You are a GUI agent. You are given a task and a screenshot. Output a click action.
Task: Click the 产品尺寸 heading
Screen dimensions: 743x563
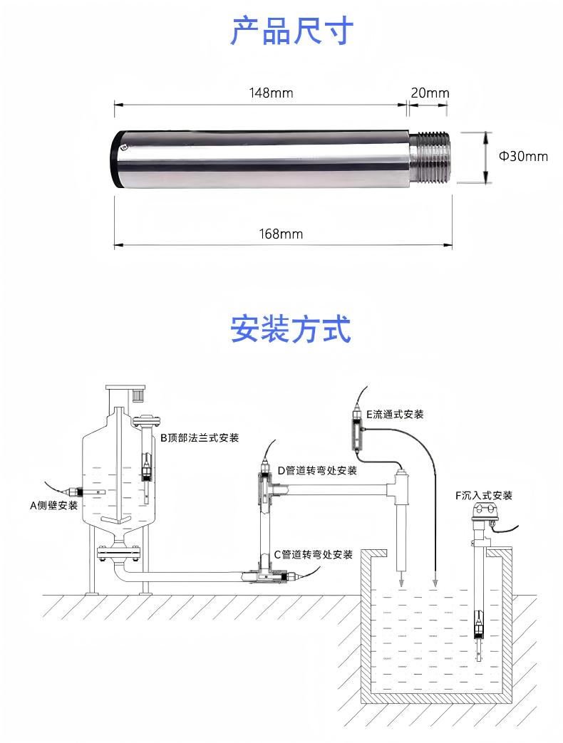point(291,31)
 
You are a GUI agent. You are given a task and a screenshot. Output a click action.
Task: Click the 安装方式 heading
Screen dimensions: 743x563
point(291,330)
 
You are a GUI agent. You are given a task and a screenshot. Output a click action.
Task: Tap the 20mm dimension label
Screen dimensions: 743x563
point(430,93)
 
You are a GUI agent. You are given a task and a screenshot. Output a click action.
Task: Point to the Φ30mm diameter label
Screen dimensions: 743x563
point(522,156)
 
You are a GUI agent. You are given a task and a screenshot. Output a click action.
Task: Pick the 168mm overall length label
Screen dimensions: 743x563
point(281,234)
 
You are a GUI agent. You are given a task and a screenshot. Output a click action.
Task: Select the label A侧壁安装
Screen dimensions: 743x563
point(53,506)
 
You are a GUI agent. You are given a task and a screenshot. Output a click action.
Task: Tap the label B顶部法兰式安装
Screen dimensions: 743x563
point(199,437)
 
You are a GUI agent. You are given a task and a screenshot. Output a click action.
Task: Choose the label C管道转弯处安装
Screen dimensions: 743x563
point(313,554)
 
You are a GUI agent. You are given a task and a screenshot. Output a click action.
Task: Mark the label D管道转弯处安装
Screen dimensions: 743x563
point(316,470)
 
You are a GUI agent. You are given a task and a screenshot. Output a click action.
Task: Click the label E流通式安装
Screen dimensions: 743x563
point(394,414)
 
